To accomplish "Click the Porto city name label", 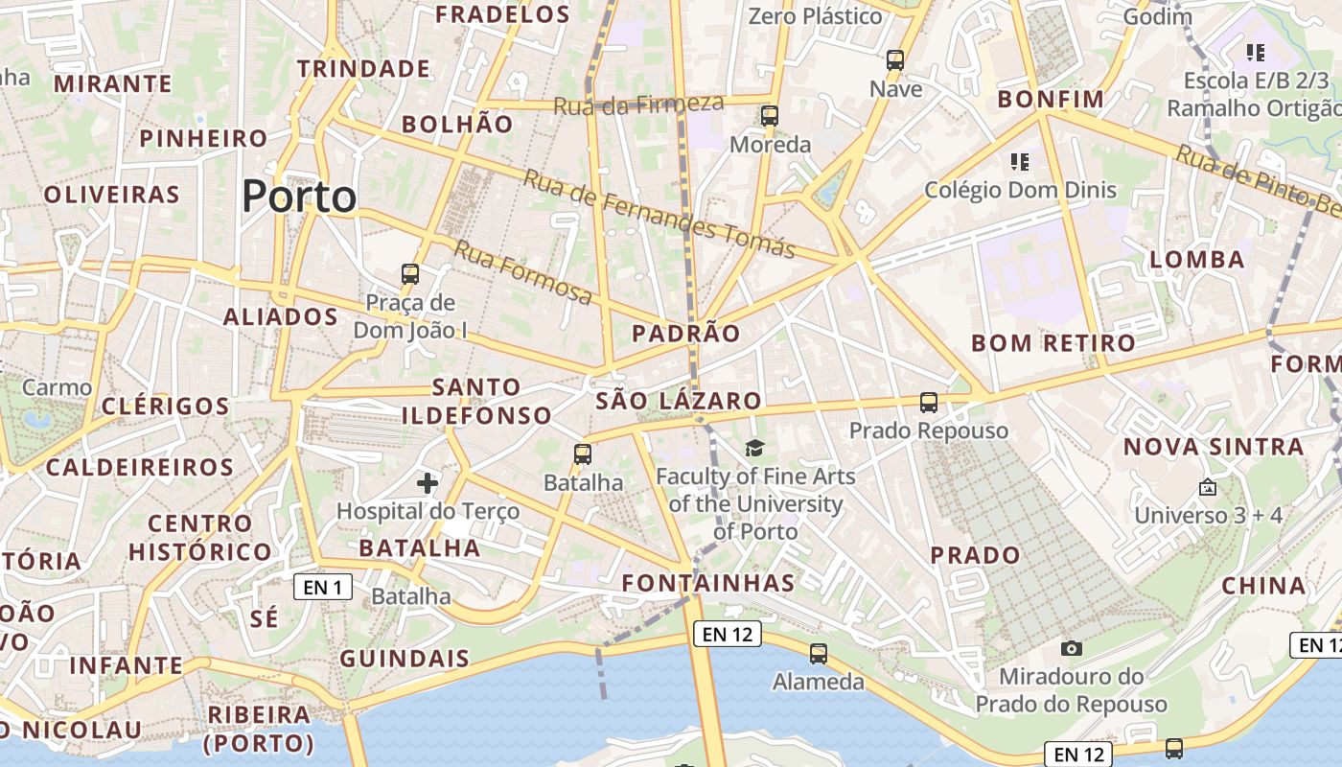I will (x=299, y=197).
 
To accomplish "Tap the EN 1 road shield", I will (x=322, y=587).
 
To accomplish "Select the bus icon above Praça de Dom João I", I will (x=410, y=274).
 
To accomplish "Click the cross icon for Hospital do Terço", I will (x=428, y=483).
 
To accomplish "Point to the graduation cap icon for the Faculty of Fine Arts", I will (x=755, y=448).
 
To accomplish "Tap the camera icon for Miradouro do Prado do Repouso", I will (x=1072, y=649).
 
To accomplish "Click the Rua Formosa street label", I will (x=522, y=272).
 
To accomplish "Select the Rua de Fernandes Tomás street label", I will (x=659, y=213).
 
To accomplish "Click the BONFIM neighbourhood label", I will (x=1051, y=99).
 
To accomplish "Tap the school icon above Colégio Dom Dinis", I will (x=1019, y=161).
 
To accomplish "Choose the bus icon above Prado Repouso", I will (x=928, y=403).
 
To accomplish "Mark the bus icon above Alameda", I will (x=818, y=654).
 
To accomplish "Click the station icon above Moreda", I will (x=769, y=117).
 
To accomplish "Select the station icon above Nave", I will (x=895, y=60).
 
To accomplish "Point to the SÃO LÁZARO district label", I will (x=679, y=401).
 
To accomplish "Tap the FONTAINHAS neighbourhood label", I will (x=708, y=583).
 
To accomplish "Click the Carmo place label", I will (x=57, y=387).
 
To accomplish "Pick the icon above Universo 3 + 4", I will (x=1208, y=488).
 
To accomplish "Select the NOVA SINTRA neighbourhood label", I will (x=1214, y=447).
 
